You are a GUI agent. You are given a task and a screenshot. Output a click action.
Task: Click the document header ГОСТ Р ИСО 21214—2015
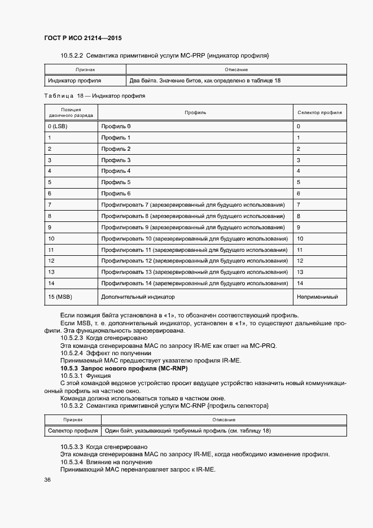[82, 38]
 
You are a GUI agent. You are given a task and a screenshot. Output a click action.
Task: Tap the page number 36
[47, 480]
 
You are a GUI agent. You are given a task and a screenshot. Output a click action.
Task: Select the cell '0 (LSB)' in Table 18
[58, 126]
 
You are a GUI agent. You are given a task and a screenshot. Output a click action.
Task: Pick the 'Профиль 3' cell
[116, 160]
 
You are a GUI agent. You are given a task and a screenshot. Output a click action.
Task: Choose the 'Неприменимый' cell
[317, 296]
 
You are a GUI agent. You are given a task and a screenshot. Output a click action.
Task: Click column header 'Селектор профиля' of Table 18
[319, 112]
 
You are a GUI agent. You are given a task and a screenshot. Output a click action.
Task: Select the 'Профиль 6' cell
[116, 193]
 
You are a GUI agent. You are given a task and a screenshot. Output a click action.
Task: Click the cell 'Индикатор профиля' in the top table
[74, 81]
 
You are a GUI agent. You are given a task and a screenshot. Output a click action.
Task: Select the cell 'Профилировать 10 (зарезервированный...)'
[192, 238]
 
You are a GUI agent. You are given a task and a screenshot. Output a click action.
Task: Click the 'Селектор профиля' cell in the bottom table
[73, 431]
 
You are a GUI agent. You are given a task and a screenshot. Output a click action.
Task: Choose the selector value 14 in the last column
[300, 283]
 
